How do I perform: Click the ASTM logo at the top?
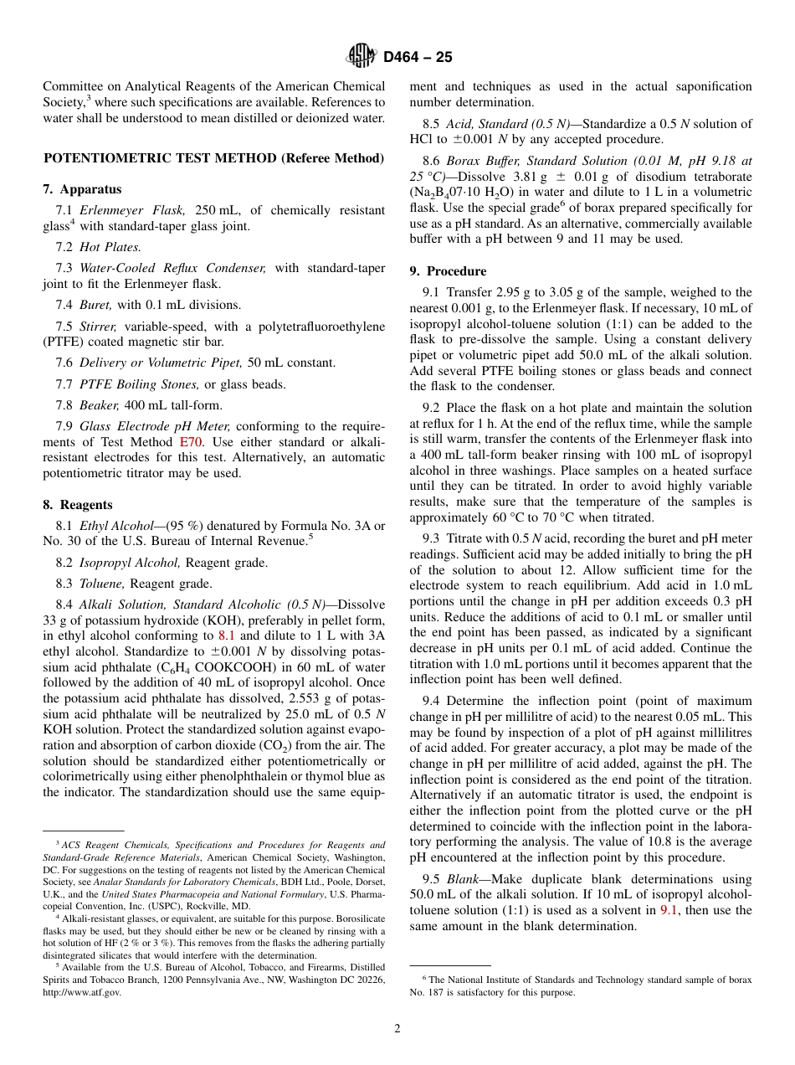pyautogui.click(x=362, y=57)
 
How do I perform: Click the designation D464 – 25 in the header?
pyautogui.click(x=418, y=58)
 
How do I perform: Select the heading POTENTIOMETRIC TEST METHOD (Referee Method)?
pyautogui.click(x=213, y=157)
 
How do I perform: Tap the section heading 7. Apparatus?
pyautogui.click(x=82, y=189)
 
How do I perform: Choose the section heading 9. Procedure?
pyautogui.click(x=448, y=271)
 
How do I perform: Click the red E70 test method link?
pyautogui.click(x=190, y=441)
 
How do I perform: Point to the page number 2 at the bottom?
pyautogui.click(x=397, y=1029)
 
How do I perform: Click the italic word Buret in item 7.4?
pyautogui.click(x=95, y=305)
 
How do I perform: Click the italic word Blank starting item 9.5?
pyautogui.click(x=463, y=880)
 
